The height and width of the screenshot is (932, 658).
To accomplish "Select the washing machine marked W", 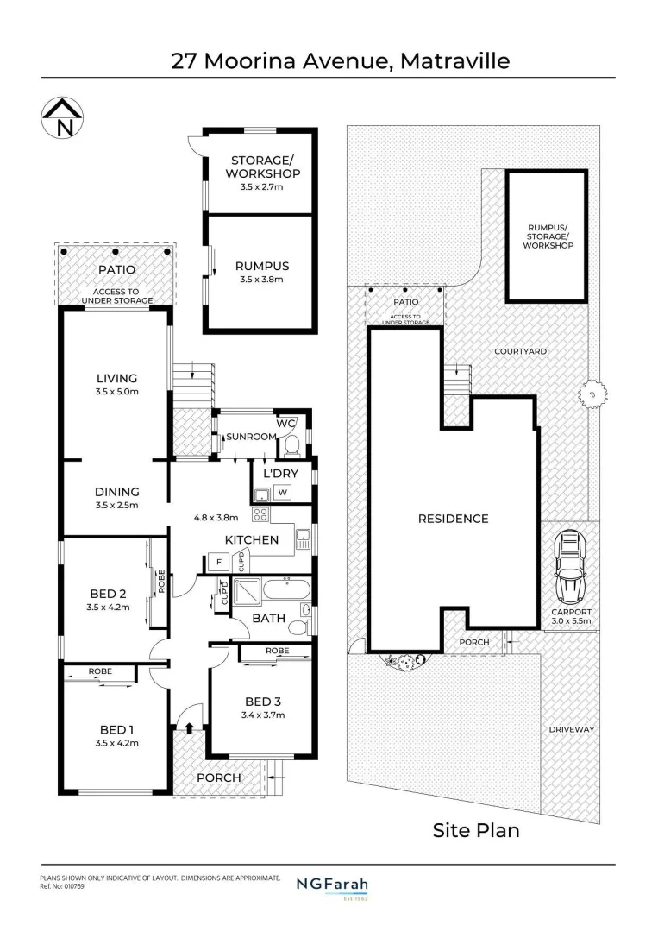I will point(282,492).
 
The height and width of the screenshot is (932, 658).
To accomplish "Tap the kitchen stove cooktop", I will point(259,515).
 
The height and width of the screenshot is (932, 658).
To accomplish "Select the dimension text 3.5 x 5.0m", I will point(116,391).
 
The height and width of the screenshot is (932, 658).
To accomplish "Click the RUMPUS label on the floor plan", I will point(261,266).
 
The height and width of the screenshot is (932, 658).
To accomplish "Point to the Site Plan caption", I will point(475,830).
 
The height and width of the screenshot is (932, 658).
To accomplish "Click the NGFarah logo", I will point(332,885).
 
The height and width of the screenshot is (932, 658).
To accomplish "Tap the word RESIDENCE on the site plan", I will point(453,519).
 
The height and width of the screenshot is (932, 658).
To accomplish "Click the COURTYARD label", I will point(520,351).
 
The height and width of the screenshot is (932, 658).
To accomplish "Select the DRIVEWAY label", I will point(572,729).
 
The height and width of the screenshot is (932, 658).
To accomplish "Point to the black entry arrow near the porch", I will point(189,728).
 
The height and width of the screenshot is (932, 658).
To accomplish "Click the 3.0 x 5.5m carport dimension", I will point(571,620).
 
